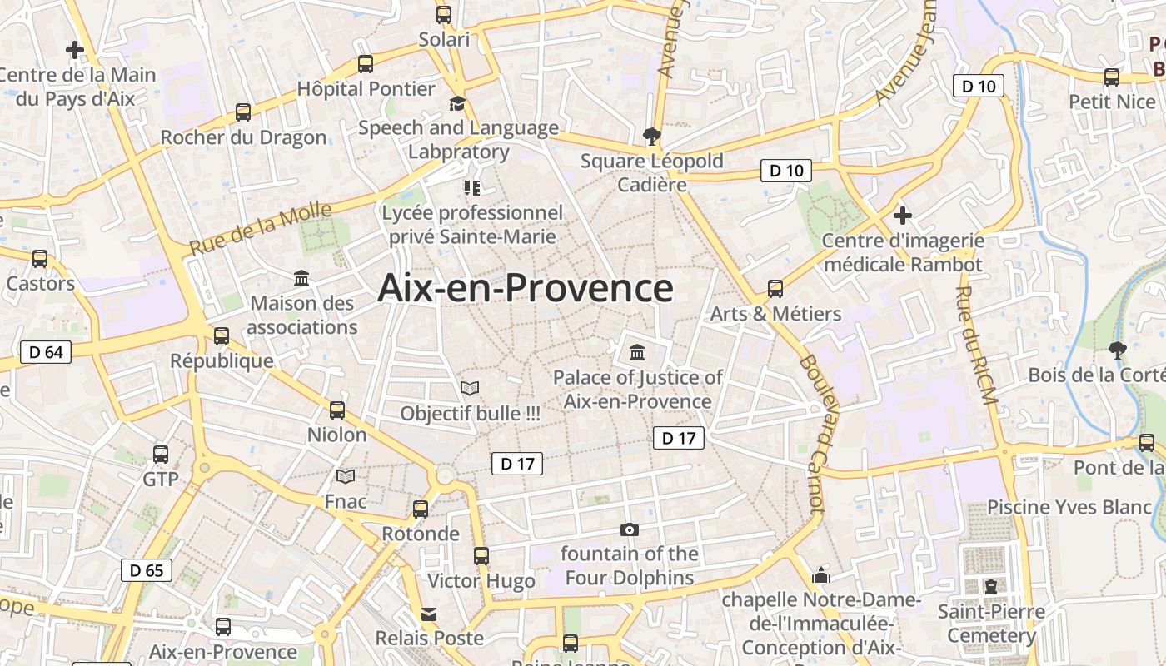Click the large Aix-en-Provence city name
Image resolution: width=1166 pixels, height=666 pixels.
(526, 288)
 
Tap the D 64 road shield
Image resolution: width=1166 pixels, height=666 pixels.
(46, 352)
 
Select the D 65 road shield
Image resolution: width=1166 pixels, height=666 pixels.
(147, 570)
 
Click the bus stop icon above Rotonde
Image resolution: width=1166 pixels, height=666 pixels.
(421, 509)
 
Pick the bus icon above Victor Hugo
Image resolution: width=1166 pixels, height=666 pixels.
(481, 556)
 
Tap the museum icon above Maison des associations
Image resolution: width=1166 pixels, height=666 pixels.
(301, 278)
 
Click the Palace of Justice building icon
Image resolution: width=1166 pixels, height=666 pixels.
(637, 353)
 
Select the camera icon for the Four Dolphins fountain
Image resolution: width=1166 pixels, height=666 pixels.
(630, 529)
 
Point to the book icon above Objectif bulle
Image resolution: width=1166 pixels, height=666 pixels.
(470, 388)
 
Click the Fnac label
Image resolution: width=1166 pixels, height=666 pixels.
(346, 501)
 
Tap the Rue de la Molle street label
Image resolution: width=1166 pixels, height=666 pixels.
(261, 228)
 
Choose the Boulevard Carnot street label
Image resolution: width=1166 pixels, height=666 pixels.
(811, 433)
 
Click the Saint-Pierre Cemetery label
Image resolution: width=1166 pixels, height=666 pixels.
(991, 624)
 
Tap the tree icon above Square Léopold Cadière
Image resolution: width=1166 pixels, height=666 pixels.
(651, 136)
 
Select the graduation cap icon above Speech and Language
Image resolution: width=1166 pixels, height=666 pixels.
(457, 103)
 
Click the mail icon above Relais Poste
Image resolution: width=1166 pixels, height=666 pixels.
(429, 614)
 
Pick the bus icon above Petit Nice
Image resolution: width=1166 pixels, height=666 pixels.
(1112, 77)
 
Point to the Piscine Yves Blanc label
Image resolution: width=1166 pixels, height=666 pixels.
(1069, 507)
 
